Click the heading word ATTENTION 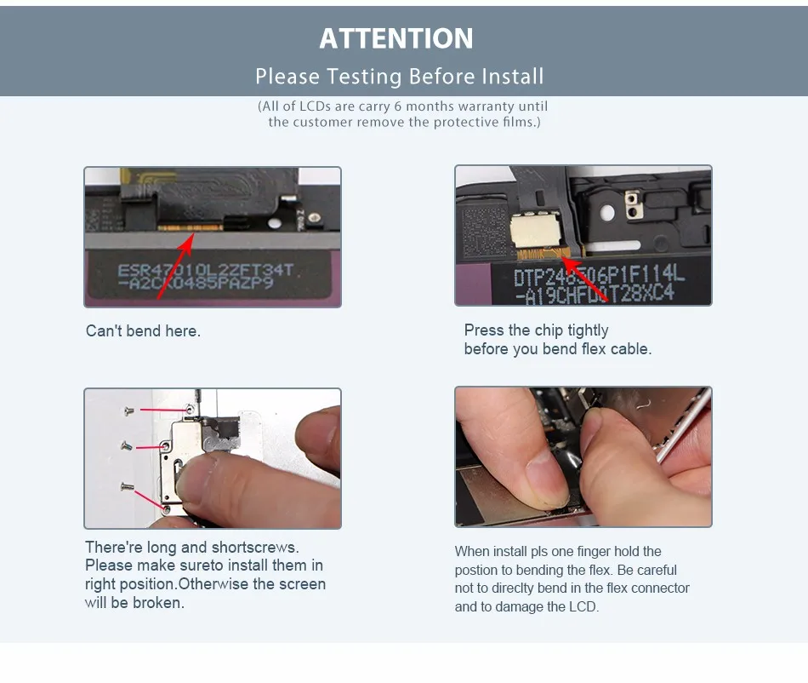click(x=395, y=38)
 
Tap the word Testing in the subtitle click(x=364, y=77)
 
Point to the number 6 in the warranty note click(x=398, y=106)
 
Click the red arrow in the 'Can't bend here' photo click(x=175, y=266)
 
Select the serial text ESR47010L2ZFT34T click(x=206, y=270)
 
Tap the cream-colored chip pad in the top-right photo click(x=535, y=231)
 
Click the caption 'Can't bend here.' click(x=143, y=330)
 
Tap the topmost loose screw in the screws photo click(x=128, y=410)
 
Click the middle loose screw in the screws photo click(x=126, y=445)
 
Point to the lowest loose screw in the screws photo click(x=127, y=486)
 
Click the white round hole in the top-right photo click(x=607, y=212)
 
